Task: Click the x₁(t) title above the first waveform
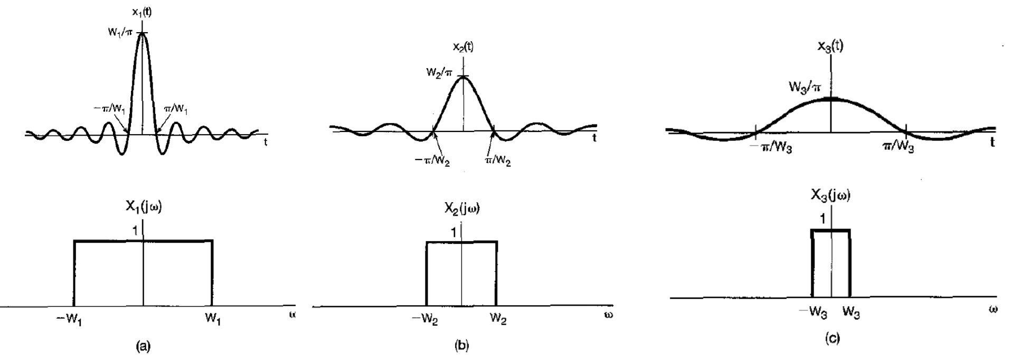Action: tap(141, 12)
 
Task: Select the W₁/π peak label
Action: tap(120, 33)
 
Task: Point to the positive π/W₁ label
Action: tap(175, 110)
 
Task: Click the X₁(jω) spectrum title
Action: tap(144, 206)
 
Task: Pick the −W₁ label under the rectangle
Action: tap(69, 320)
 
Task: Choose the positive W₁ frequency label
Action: tap(212, 320)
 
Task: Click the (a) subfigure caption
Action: tap(143, 346)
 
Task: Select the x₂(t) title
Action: tap(463, 47)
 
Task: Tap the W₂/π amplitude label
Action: tap(439, 73)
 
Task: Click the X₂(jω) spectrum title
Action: tap(462, 209)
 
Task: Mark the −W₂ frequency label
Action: tap(425, 319)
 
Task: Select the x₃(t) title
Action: tap(830, 46)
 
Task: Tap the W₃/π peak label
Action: tap(803, 86)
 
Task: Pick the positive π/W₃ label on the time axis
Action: tap(897, 147)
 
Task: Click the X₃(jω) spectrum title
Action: tap(831, 196)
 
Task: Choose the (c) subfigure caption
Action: tap(831, 339)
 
